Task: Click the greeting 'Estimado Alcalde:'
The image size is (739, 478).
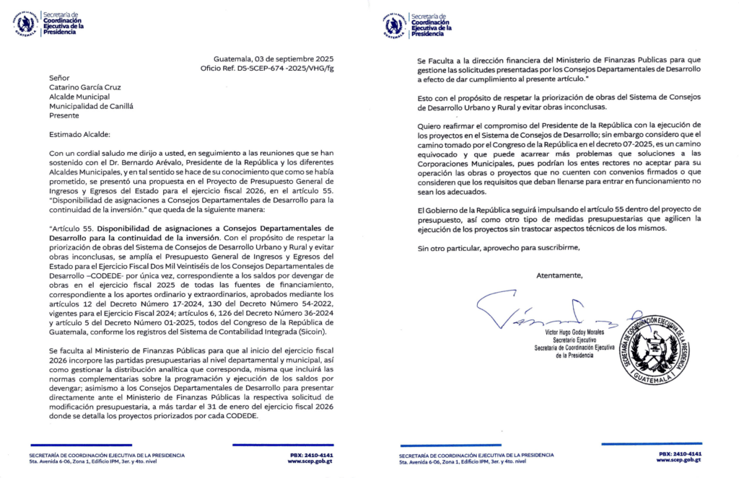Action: [x=79, y=133]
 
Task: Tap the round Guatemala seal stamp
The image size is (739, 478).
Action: [x=655, y=350]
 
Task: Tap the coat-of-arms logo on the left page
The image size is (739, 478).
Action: [x=25, y=24]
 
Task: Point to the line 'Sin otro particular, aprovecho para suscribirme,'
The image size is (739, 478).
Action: [x=499, y=247]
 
